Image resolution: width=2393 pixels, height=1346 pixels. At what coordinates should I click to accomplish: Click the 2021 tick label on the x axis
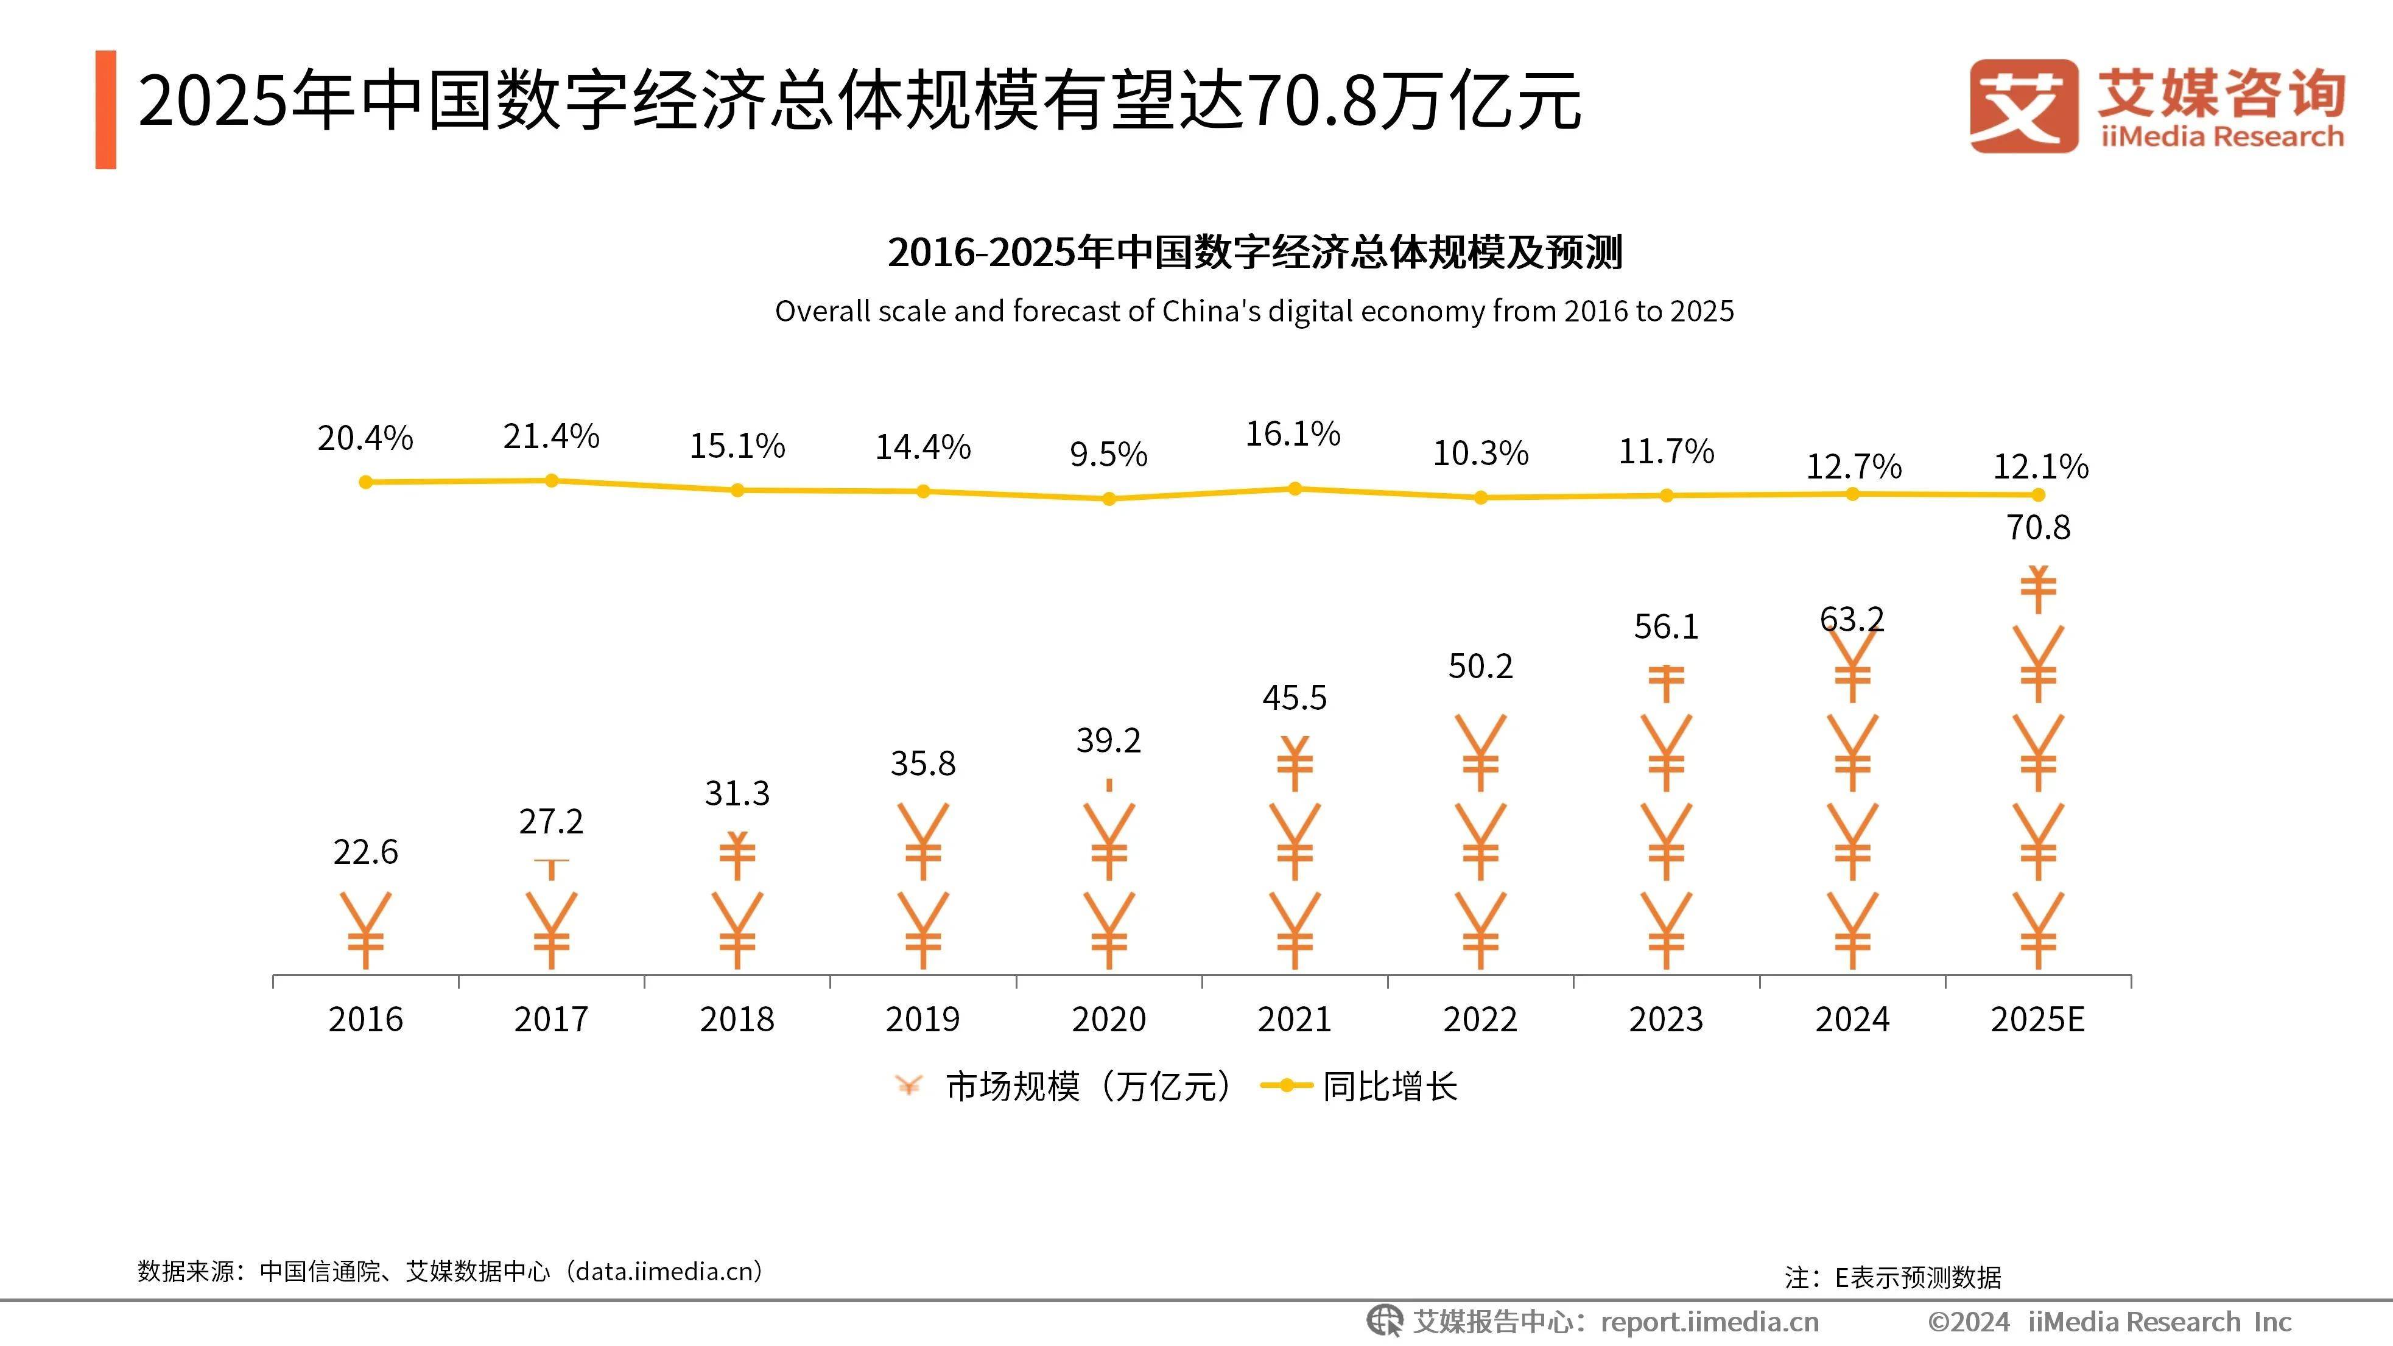(x=1294, y=1019)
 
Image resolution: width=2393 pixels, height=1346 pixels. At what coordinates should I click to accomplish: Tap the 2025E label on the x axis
(x=2037, y=1019)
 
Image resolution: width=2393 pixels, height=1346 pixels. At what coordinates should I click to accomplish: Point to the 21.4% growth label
(x=551, y=436)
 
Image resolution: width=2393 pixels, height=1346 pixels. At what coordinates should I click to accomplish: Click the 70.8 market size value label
(x=2038, y=528)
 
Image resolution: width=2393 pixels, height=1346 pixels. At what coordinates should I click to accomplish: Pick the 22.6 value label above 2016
(x=365, y=852)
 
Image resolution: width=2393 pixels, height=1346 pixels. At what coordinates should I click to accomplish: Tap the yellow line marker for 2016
(x=366, y=482)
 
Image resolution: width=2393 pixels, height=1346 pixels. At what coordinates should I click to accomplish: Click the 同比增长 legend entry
(x=1389, y=1086)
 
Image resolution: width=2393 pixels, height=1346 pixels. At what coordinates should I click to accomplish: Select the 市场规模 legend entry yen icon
(x=908, y=1085)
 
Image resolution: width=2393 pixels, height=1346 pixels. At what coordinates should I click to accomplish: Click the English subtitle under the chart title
(x=1254, y=311)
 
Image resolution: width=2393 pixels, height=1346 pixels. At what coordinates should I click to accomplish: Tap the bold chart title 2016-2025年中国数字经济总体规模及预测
(x=1254, y=253)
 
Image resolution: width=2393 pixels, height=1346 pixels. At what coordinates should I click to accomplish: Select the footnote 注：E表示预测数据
(x=1892, y=1277)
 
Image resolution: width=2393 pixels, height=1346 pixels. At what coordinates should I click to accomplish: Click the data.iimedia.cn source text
(x=667, y=1271)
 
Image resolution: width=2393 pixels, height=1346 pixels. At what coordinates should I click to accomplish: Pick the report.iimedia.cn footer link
(x=1709, y=1321)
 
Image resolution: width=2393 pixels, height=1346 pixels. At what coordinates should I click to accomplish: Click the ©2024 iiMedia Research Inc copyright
(x=2109, y=1321)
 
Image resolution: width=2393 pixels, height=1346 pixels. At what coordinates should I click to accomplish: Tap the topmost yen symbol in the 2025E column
(x=2038, y=589)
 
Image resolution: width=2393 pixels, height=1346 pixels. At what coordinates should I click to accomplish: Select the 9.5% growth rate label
(x=1108, y=454)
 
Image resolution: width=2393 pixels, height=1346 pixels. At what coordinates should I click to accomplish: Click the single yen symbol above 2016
(x=365, y=929)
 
